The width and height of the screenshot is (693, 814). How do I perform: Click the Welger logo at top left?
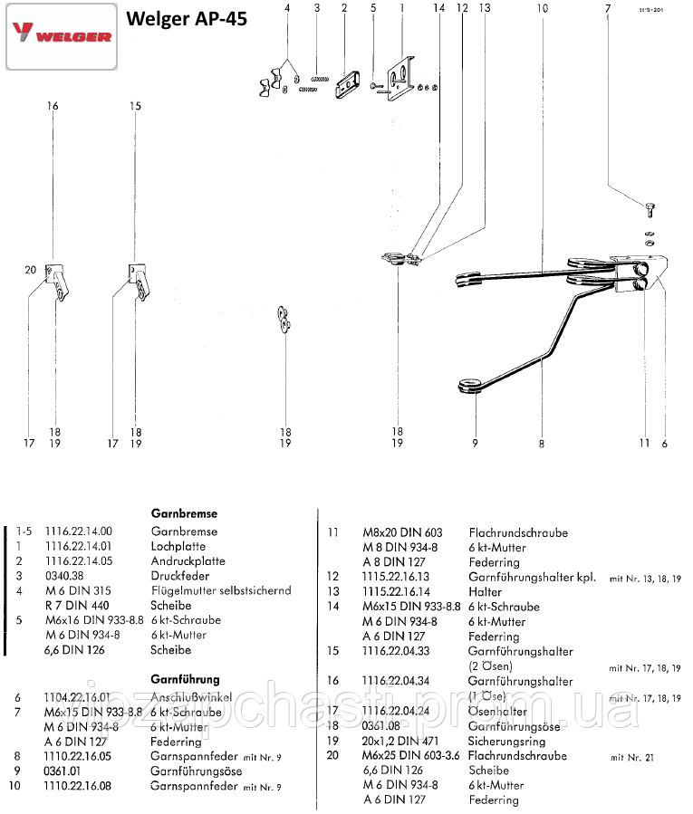(61, 36)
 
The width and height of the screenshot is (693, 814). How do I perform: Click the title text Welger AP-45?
(186, 19)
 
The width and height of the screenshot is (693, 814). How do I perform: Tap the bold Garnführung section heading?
(185, 678)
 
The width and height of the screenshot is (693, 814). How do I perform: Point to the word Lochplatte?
(178, 546)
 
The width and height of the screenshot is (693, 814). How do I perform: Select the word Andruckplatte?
(188, 561)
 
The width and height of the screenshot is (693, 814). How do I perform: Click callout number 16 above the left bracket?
(53, 106)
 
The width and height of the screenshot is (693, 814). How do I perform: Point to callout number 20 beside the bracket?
(30, 270)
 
